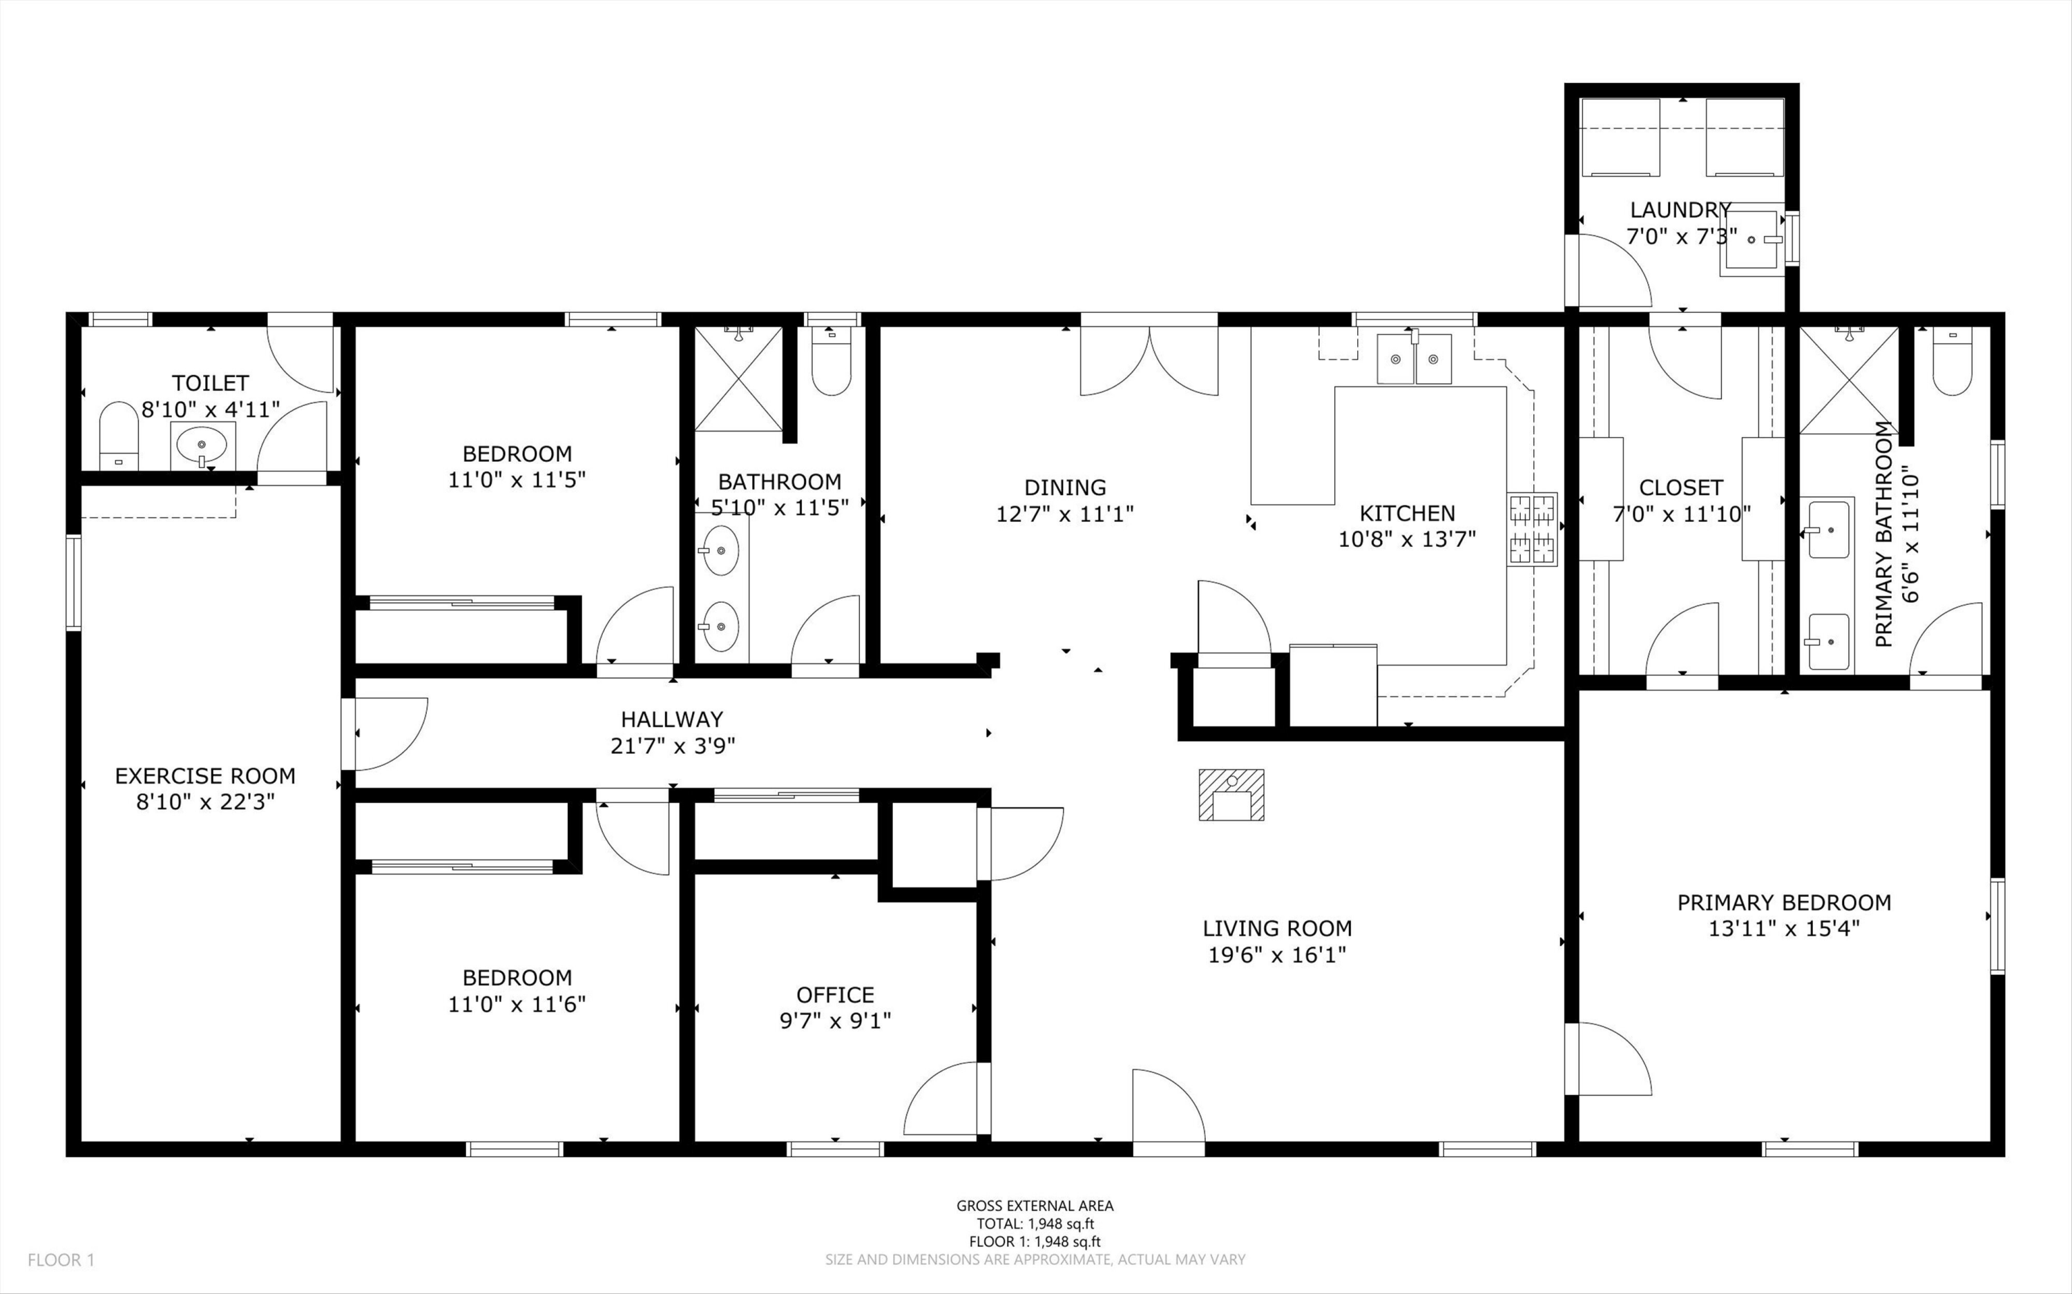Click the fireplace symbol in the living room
[x=1231, y=795]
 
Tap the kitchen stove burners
[x=1532, y=530]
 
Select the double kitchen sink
[x=1414, y=358]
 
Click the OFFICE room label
[x=835, y=994]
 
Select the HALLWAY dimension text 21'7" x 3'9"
[x=673, y=746]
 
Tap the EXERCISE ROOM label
[x=205, y=776]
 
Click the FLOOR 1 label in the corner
[x=61, y=1259]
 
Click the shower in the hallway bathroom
[x=738, y=378]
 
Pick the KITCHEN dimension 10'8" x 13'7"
[x=1408, y=539]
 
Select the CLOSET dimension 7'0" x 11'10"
[x=1682, y=514]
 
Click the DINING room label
[x=1066, y=487]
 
